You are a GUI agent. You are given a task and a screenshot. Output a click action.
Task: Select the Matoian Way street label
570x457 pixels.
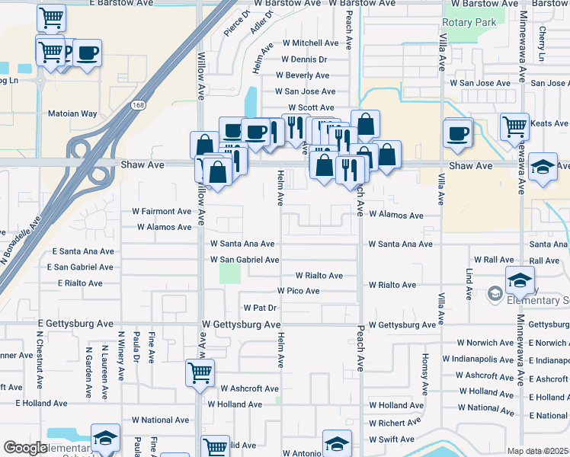pyautogui.click(x=73, y=113)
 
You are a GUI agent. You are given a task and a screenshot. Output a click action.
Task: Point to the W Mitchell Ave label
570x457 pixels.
pyautogui.click(x=310, y=43)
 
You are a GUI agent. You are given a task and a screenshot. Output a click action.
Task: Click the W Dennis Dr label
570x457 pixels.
pyautogui.click(x=304, y=59)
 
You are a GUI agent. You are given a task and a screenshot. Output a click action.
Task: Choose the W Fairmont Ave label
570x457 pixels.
pyautogui.click(x=162, y=211)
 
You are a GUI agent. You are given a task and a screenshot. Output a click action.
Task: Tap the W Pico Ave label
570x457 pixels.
pyautogui.click(x=298, y=291)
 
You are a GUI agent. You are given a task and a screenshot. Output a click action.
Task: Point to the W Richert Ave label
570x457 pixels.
pyautogui.click(x=395, y=423)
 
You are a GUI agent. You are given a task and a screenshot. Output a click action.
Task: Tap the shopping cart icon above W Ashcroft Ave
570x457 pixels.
pyautogui.click(x=200, y=373)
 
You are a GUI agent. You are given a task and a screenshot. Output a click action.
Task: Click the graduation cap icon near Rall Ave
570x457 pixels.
pyautogui.click(x=520, y=280)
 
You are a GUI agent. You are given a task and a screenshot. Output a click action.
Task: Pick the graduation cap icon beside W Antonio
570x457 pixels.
pyautogui.click(x=337, y=443)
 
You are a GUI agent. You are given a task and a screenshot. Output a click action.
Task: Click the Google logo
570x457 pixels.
pyautogui.click(x=24, y=449)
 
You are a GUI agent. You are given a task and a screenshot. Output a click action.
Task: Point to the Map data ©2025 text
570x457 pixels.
pyautogui.click(x=537, y=451)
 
